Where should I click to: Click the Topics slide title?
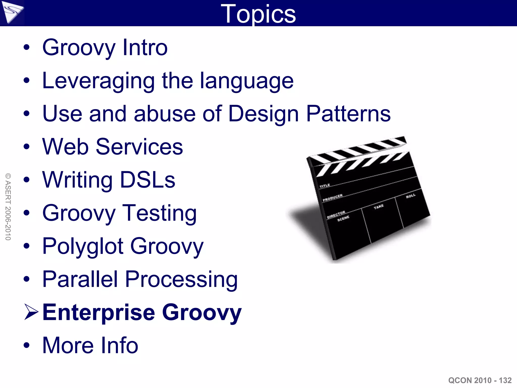coord(258,14)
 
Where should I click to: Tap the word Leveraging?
coord(98,81)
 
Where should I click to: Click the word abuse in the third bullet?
coord(165,114)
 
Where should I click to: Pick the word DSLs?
coord(147,180)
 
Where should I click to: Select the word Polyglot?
coord(83,246)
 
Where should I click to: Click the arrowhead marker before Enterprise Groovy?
coord(31,312)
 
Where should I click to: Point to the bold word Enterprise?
coord(99,312)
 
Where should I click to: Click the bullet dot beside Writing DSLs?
coord(27,180)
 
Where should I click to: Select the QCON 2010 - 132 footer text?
coord(480,380)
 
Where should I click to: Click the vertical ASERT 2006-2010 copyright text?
coord(8,207)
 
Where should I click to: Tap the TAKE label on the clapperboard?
coord(379,207)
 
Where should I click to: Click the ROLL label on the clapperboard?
coord(410,196)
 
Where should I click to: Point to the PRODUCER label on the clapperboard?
coord(333,198)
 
